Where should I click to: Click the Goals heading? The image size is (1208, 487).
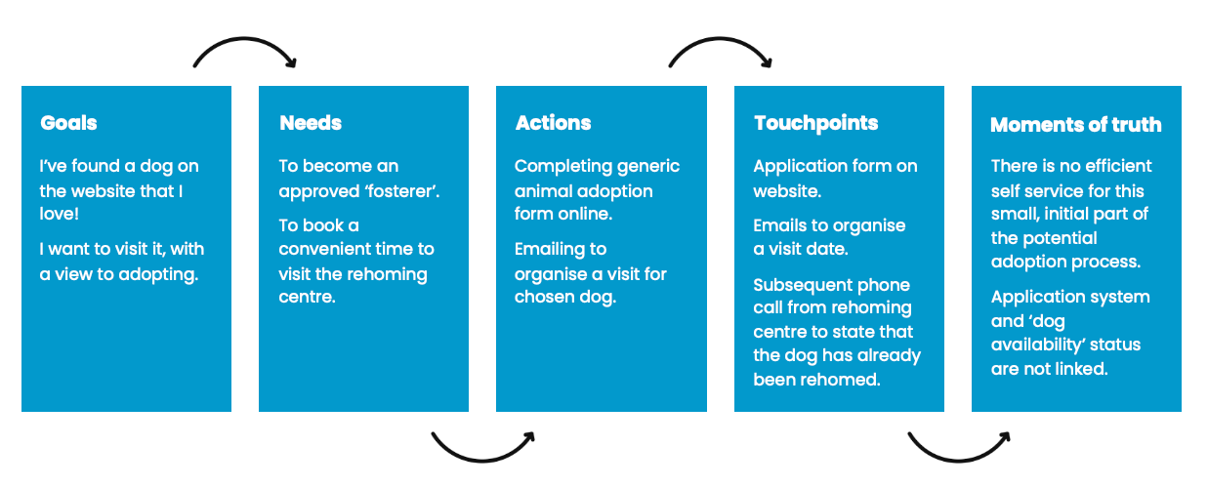click(x=68, y=123)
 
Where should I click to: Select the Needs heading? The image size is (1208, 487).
click(x=311, y=123)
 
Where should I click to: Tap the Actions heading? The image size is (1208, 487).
click(x=553, y=123)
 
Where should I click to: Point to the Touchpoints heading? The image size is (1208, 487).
click(x=816, y=123)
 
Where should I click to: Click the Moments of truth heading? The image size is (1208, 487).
click(x=1076, y=125)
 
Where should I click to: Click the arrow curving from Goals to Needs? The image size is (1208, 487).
click(x=245, y=39)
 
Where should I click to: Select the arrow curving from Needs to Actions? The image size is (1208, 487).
click(x=482, y=460)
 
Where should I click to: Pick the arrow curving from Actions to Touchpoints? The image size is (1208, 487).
click(x=721, y=39)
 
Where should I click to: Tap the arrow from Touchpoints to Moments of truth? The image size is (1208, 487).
click(x=959, y=460)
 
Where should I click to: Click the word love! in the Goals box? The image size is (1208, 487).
click(x=60, y=214)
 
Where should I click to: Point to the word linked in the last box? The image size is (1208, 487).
click(x=1081, y=369)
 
